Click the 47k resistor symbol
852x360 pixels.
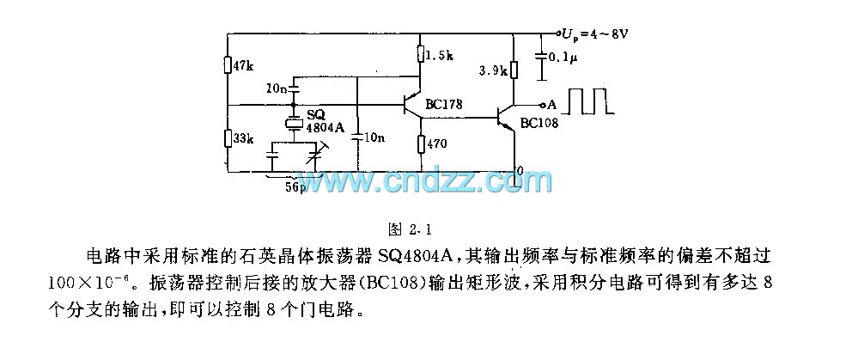pyautogui.click(x=227, y=65)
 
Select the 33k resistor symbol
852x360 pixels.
pyautogui.click(x=227, y=137)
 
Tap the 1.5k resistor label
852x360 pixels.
pyautogui.click(x=439, y=56)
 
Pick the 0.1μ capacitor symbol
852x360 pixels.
pyautogui.click(x=541, y=57)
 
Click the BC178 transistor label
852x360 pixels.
pyautogui.click(x=444, y=105)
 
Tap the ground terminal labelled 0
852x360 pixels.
pyautogui.click(x=518, y=170)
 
